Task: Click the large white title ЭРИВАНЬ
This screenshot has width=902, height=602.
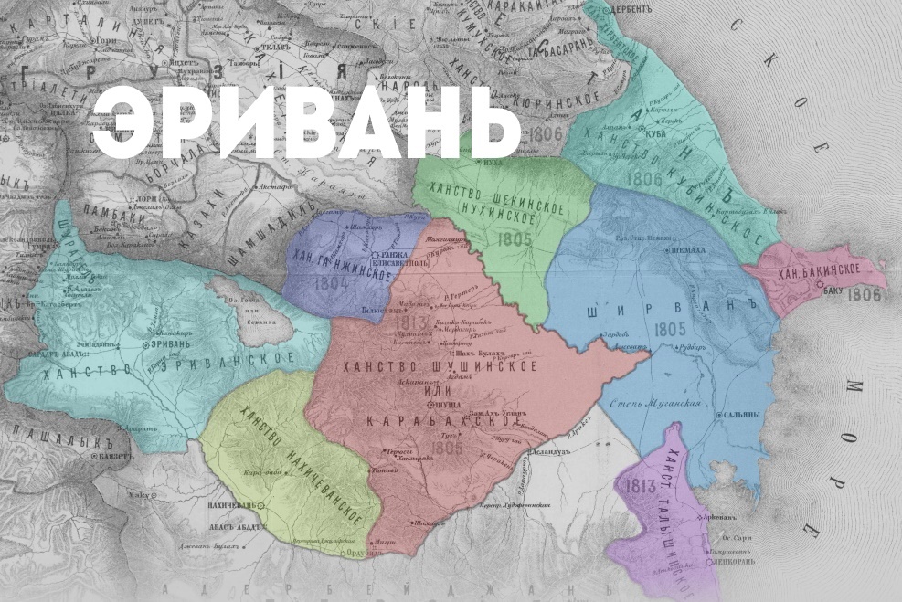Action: click(x=306, y=126)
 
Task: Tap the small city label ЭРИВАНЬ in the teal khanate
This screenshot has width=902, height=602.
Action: click(x=173, y=344)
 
